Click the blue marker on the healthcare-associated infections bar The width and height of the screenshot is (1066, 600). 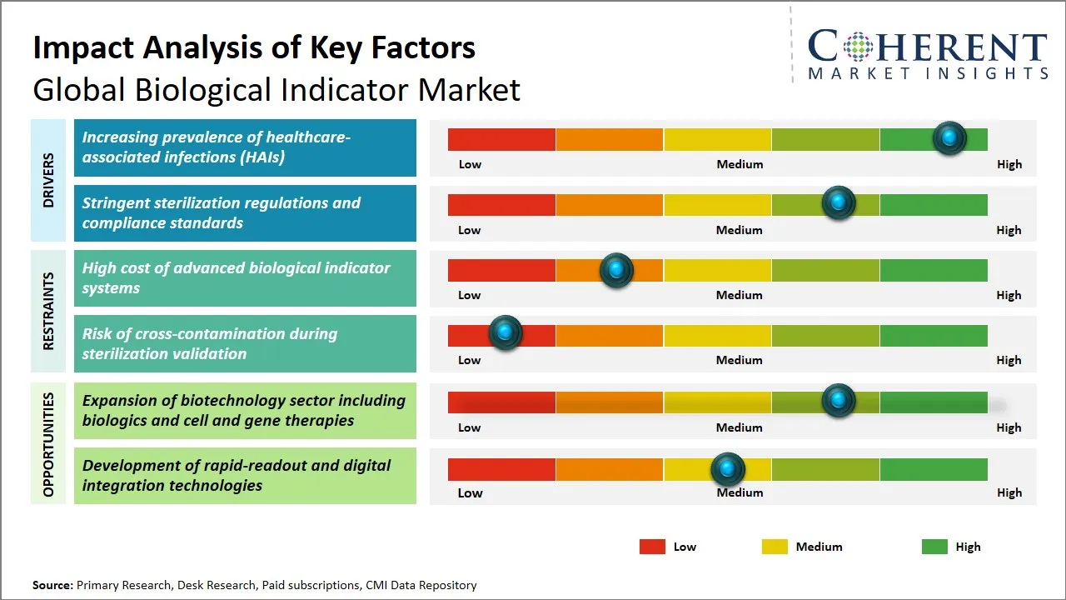pyautogui.click(x=949, y=138)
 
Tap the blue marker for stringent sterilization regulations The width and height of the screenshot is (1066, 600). pyautogui.click(x=838, y=203)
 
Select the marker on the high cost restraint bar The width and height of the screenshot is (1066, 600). pyautogui.click(x=616, y=270)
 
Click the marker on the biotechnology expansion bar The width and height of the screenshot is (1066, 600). pyautogui.click(x=838, y=401)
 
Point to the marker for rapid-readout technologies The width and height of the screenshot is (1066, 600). pyautogui.click(x=728, y=470)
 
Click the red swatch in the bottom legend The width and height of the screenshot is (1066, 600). pyautogui.click(x=652, y=547)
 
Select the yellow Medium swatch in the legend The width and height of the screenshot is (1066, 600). pyautogui.click(x=775, y=547)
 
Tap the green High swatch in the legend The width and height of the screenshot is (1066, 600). pyautogui.click(x=934, y=547)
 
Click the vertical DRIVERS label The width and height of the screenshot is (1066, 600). pyautogui.click(x=48, y=180)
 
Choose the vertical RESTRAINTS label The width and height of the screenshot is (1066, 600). pyautogui.click(x=48, y=311)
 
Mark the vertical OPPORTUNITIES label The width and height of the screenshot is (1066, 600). pyautogui.click(x=48, y=445)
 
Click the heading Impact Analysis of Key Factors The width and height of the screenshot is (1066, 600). pyautogui.click(x=254, y=48)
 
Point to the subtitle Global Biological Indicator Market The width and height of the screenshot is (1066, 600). pyautogui.click(x=276, y=89)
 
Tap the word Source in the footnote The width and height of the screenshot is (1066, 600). pyautogui.click(x=52, y=585)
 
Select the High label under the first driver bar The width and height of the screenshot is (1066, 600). pyautogui.click(x=1009, y=164)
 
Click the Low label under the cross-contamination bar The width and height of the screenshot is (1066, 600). pyautogui.click(x=469, y=360)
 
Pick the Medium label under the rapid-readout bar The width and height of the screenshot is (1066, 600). pyautogui.click(x=740, y=492)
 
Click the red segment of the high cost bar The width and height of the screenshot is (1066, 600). pyautogui.click(x=501, y=270)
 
